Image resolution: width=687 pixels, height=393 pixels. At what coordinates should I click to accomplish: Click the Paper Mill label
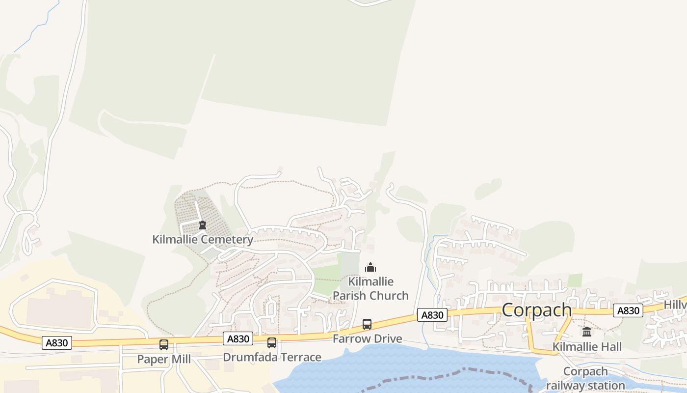[x=164, y=359]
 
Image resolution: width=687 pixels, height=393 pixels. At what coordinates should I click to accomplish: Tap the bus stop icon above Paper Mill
[x=164, y=345]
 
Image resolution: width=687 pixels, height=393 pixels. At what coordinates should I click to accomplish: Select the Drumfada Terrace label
[x=272, y=357]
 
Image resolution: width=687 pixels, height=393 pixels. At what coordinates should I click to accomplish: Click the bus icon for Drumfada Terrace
[x=272, y=343]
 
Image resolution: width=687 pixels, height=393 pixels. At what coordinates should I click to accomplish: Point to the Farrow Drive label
[x=367, y=338]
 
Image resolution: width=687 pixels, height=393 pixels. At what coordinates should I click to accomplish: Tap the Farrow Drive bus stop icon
[x=367, y=324]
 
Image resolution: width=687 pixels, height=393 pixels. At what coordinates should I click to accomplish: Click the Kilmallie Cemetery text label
[x=203, y=240]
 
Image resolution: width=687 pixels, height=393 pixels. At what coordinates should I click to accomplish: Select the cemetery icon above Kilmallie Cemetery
[x=202, y=225]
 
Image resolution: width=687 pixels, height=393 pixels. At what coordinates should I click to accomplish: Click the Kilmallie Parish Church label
[x=370, y=288]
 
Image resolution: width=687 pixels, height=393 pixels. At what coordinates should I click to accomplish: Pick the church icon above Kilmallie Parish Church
[x=370, y=267]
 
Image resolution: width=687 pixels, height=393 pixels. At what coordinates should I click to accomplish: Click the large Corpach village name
[x=537, y=310]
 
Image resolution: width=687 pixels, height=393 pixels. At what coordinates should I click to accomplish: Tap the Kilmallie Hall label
[x=587, y=347]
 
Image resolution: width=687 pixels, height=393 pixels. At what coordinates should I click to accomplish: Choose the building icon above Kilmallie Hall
[x=587, y=332]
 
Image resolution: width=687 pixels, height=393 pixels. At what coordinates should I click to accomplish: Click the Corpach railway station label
[x=585, y=378]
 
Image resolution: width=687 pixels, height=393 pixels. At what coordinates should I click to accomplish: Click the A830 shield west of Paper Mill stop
[x=57, y=342]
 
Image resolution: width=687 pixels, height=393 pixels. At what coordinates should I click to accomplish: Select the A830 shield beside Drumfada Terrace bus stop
[x=238, y=338]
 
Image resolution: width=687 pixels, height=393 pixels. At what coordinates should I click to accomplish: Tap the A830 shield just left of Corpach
[x=432, y=315]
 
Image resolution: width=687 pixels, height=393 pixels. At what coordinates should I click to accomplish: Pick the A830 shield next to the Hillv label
[x=628, y=310]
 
